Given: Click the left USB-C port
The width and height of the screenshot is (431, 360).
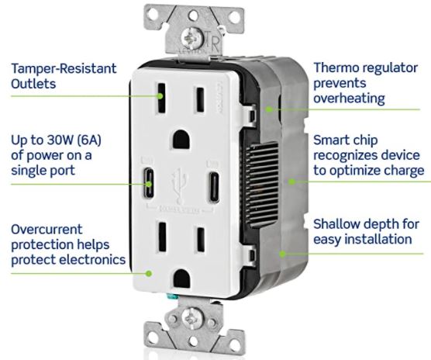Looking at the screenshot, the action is (x=148, y=183).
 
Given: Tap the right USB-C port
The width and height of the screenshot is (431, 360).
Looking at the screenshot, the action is (x=214, y=187).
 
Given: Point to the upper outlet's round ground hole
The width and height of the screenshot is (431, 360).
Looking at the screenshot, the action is (x=181, y=140).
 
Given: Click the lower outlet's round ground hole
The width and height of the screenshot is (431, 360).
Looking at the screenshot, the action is (x=182, y=279).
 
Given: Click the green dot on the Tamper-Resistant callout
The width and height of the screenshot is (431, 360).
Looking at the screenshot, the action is (x=160, y=96).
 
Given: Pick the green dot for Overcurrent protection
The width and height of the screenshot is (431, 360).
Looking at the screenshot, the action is (x=149, y=273).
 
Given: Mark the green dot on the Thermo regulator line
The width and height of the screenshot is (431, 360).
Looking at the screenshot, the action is (x=270, y=109).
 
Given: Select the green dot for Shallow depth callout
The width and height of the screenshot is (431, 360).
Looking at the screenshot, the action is (x=282, y=254).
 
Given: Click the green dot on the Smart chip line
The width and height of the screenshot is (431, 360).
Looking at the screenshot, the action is (x=291, y=182).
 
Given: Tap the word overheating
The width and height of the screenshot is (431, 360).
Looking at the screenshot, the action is (x=349, y=99).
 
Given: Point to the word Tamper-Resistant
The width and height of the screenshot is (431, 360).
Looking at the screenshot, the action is (x=64, y=68).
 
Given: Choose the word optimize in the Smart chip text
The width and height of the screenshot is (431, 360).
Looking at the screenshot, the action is (x=354, y=171).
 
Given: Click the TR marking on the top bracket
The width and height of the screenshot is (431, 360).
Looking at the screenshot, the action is (x=212, y=43).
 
